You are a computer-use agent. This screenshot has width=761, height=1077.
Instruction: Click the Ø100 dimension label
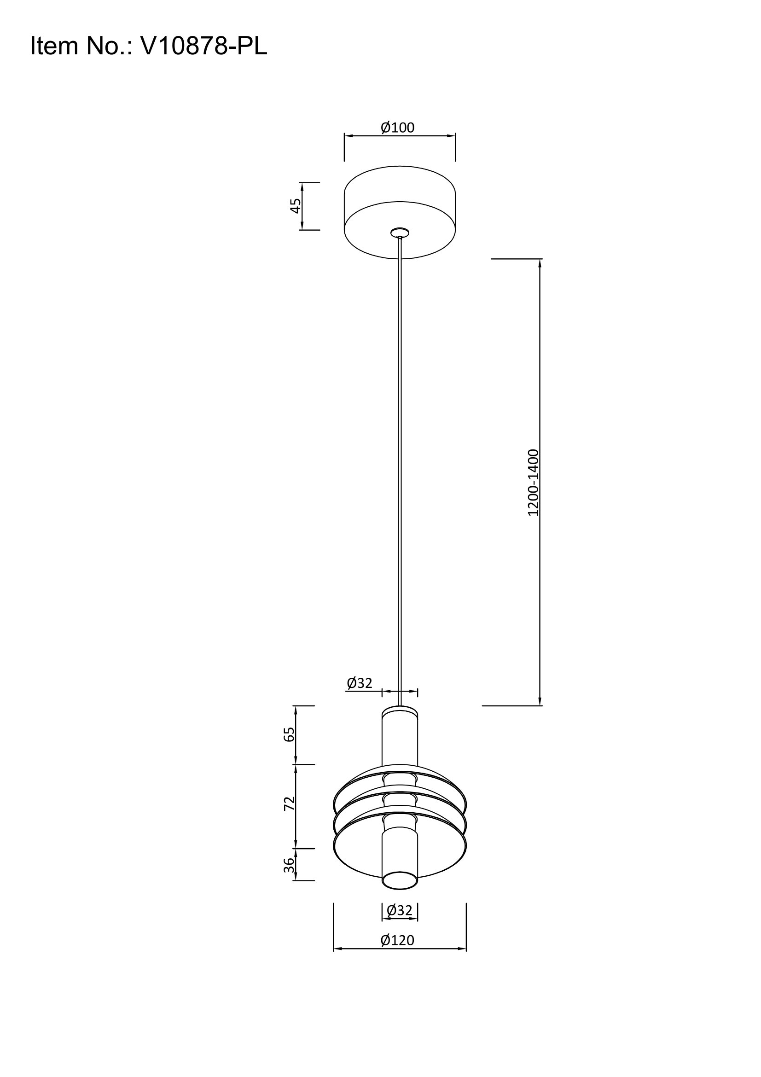(398, 127)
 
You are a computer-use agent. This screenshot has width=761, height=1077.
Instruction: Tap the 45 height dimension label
(295, 205)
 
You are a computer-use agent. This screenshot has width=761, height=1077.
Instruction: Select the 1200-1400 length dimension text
(533, 483)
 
